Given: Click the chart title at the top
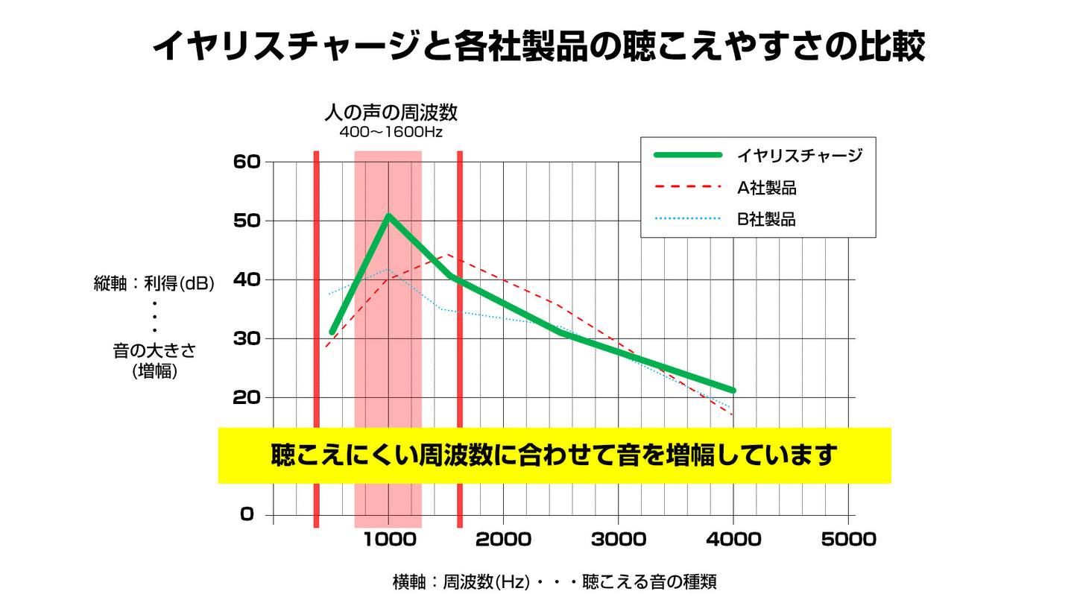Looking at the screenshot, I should [538, 46].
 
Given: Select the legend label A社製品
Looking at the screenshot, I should [767, 188].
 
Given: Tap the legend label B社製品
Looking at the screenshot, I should [767, 220].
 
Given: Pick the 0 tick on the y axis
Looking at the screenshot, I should [247, 514].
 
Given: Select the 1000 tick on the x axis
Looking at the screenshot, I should [388, 540].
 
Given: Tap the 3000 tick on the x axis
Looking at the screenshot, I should [619, 540].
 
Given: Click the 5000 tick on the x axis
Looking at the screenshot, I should [849, 540].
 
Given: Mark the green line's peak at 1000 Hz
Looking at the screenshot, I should [388, 216].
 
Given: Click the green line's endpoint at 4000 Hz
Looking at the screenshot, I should [733, 390].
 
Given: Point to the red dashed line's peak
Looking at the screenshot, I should [446, 255].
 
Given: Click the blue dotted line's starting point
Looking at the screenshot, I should [329, 294].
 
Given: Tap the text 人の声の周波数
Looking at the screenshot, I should [391, 113].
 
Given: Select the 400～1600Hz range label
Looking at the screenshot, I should [391, 133].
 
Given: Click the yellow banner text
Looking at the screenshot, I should [554, 455].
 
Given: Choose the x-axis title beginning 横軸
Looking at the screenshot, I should [554, 582].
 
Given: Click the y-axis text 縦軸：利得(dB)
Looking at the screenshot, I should [154, 284].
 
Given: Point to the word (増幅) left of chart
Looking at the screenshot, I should [154, 371].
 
